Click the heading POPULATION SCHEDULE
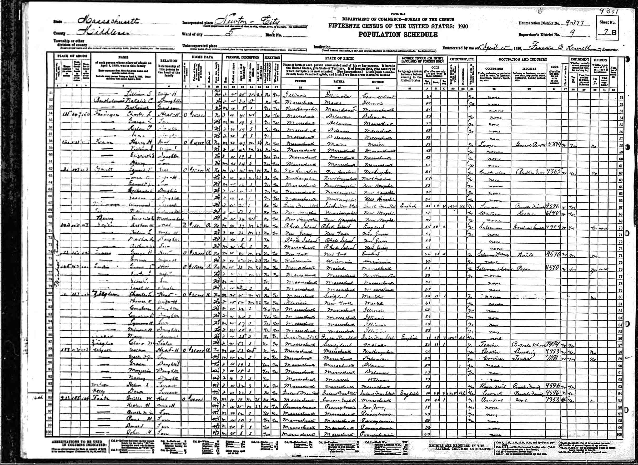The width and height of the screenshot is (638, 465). coord(398,35)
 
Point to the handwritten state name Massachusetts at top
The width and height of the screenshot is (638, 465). coord(108,21)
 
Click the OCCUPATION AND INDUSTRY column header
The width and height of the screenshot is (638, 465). coord(523,60)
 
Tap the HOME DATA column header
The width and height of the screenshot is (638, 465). coord(202,57)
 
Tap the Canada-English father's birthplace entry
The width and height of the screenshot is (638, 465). coord(338,400)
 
